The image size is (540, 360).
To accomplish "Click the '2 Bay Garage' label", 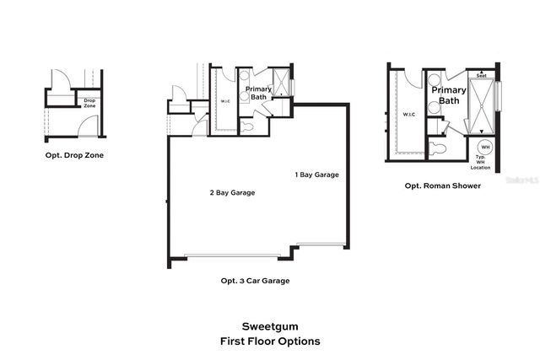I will [232, 192].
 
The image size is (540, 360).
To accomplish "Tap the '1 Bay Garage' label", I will [316, 175].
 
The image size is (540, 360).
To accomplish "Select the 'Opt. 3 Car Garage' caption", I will [255, 281].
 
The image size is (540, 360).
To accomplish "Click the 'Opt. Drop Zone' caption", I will [72, 156].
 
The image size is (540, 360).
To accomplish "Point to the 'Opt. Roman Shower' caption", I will [443, 185].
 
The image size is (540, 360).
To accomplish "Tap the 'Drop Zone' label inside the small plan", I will [89, 103].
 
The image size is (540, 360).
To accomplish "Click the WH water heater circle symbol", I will [485, 148].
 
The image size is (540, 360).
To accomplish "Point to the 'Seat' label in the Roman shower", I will [482, 76].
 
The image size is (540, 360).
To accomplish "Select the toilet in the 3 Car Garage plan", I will [248, 126].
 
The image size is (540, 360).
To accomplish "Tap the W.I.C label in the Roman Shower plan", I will [409, 115].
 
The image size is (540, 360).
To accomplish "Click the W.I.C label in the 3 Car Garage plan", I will [225, 102].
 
